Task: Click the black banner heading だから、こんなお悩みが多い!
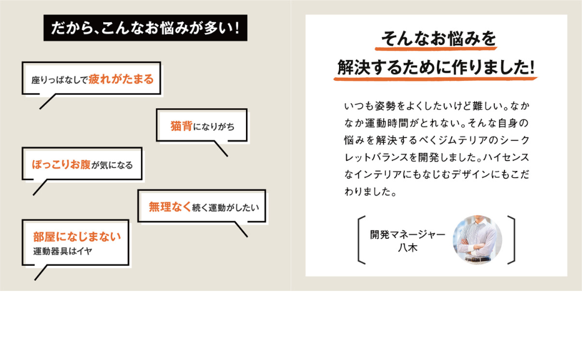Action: (x=145, y=29)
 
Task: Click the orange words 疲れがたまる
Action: (x=121, y=79)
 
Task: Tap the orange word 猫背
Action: (x=181, y=126)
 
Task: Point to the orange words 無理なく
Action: (x=170, y=207)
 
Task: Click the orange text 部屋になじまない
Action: (x=77, y=236)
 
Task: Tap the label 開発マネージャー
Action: (x=407, y=233)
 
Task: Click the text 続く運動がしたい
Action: (x=225, y=208)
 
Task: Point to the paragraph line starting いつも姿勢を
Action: (x=436, y=107)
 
